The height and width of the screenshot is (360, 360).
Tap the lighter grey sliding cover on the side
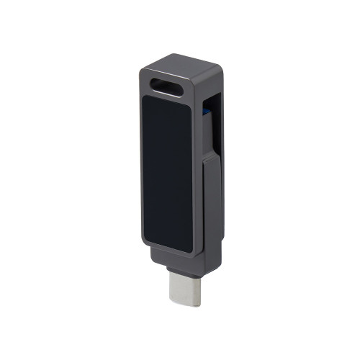coord(211,209)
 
